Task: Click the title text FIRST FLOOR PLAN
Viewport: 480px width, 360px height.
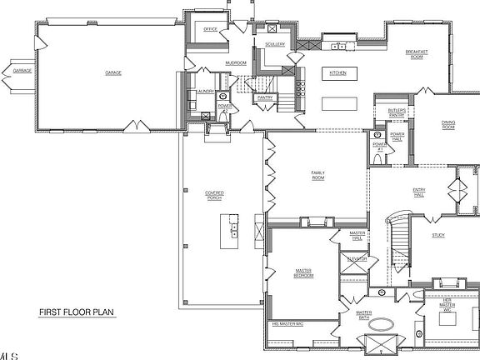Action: point(76,313)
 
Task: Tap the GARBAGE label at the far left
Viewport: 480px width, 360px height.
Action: point(22,72)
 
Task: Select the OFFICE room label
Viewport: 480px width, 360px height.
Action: point(210,30)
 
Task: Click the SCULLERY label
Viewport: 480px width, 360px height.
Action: point(275,44)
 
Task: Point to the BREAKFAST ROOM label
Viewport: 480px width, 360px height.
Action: point(417,54)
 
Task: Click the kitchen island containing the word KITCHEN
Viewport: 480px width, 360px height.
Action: point(337,73)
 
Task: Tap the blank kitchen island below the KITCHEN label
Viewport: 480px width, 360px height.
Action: point(337,102)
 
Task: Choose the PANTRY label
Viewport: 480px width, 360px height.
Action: point(266,97)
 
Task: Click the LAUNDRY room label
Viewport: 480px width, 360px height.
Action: point(206,91)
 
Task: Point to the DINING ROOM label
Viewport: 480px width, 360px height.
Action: point(448,125)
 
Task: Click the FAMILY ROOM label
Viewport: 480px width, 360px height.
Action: point(317,176)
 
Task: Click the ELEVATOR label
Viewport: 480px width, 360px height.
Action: point(357,260)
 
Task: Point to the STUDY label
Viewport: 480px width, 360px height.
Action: point(437,235)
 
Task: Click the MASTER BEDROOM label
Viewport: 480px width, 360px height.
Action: point(302,272)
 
